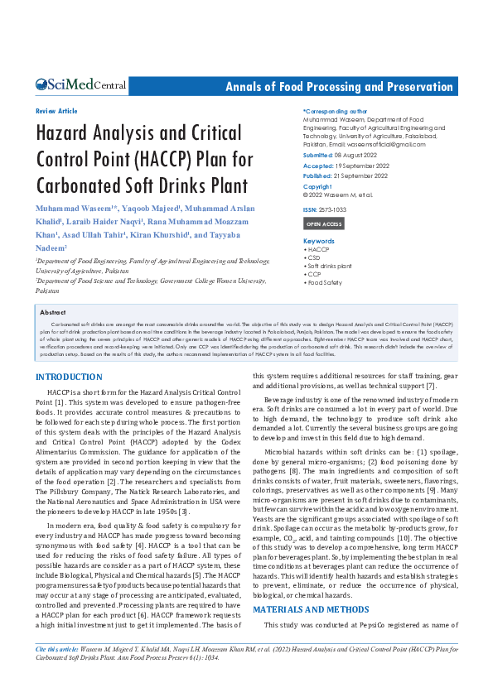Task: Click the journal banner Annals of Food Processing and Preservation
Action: coord(340,87)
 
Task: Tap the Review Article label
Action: coord(56,111)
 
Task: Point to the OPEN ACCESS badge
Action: coord(324,224)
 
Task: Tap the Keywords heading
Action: coord(319,241)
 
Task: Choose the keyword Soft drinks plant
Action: coord(331,266)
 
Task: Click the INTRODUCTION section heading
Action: coord(70,377)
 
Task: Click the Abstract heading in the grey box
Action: coord(53,313)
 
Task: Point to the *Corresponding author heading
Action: coord(335,111)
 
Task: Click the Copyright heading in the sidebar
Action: coord(317,186)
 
